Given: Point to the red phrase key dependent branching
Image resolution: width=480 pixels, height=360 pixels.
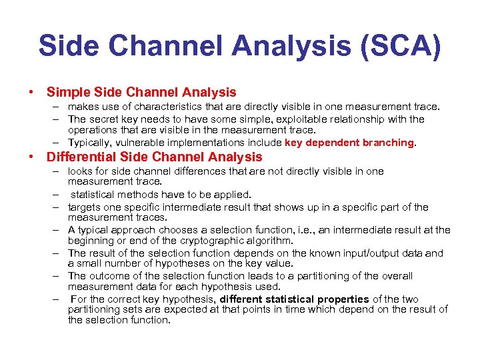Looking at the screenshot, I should (x=349, y=142).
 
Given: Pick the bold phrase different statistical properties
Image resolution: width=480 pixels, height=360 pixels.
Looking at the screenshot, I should (x=294, y=299).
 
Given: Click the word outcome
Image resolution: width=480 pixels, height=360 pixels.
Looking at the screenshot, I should (x=108, y=275).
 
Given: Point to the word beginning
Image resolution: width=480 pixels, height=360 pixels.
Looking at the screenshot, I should (x=91, y=240).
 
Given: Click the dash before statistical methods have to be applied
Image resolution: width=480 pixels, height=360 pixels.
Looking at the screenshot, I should (x=57, y=195).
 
